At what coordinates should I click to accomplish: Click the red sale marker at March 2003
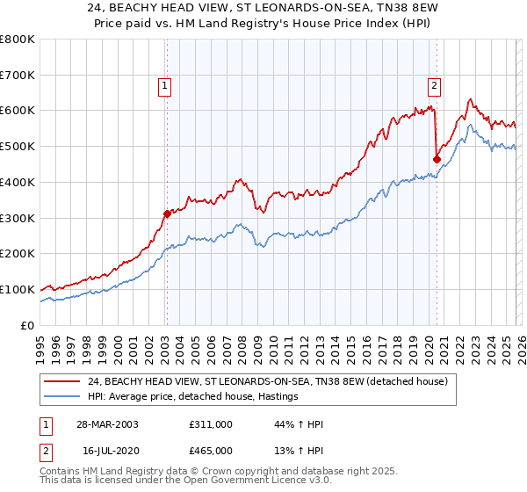[x=167, y=213]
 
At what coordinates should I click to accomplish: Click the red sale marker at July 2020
[x=437, y=158]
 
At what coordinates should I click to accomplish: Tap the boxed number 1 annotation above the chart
[x=165, y=85]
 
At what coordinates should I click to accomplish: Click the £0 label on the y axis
[x=26, y=325]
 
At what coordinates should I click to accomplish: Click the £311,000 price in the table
[x=211, y=423]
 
